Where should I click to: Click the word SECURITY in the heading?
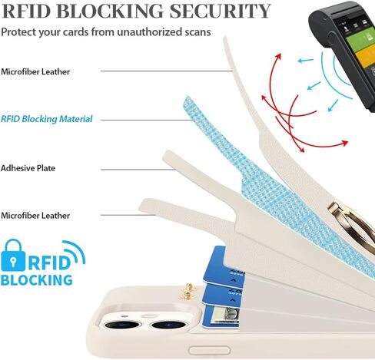tap(220, 11)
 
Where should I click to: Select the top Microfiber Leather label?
tap(35, 71)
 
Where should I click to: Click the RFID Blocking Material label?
tap(46, 119)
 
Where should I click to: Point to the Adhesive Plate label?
tap(28, 168)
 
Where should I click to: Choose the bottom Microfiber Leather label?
tap(35, 216)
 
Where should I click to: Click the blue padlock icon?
tap(13, 256)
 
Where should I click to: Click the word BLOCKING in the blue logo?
tap(37, 280)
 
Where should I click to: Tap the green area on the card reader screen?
tap(360, 41)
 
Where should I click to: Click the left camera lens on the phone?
tap(122, 325)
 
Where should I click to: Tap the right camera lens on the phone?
tap(168, 325)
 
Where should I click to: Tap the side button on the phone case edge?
tap(209, 351)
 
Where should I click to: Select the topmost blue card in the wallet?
tap(223, 266)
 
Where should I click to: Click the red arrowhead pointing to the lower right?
tap(345, 143)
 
